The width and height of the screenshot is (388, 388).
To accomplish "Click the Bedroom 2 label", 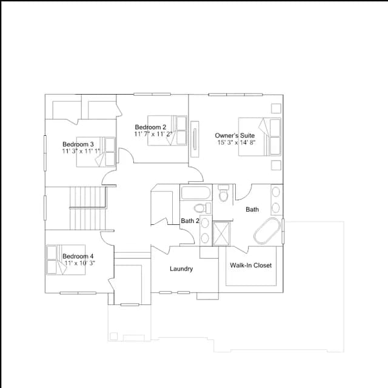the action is coord(150,127).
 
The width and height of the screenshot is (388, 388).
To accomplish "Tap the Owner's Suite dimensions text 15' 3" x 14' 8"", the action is coord(236,142).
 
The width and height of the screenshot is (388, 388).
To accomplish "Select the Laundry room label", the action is coord(181,269).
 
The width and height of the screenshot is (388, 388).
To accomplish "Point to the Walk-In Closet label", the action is coord(250,266).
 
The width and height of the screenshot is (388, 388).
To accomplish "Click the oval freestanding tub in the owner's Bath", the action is coord(267,231).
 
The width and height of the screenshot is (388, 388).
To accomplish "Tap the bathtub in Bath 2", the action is coord(196,193).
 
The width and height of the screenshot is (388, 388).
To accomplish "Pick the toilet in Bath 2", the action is coord(202,208).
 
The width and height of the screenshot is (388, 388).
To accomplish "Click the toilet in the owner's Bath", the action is coord(224,193).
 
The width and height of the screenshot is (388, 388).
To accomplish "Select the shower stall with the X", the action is coord(221,234).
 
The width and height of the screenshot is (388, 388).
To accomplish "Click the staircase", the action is coord(88,209).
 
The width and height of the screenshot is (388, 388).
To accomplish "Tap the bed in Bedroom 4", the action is coord(66,260).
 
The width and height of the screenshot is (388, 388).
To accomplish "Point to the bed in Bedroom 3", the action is coord(96,152).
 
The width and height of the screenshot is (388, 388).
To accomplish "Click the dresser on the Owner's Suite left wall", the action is coord(195,139).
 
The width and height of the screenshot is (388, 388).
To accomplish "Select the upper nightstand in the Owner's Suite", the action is coord(276,109).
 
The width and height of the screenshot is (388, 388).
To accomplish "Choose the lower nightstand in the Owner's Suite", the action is coord(276,165).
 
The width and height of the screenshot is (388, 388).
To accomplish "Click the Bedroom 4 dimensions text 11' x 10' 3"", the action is coord(79,263).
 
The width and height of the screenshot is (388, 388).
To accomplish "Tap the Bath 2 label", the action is coord(190,221).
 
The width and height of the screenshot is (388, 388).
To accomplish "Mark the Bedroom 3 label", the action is coord(78,144).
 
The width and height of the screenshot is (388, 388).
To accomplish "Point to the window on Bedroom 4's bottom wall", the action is coord(78,293).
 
